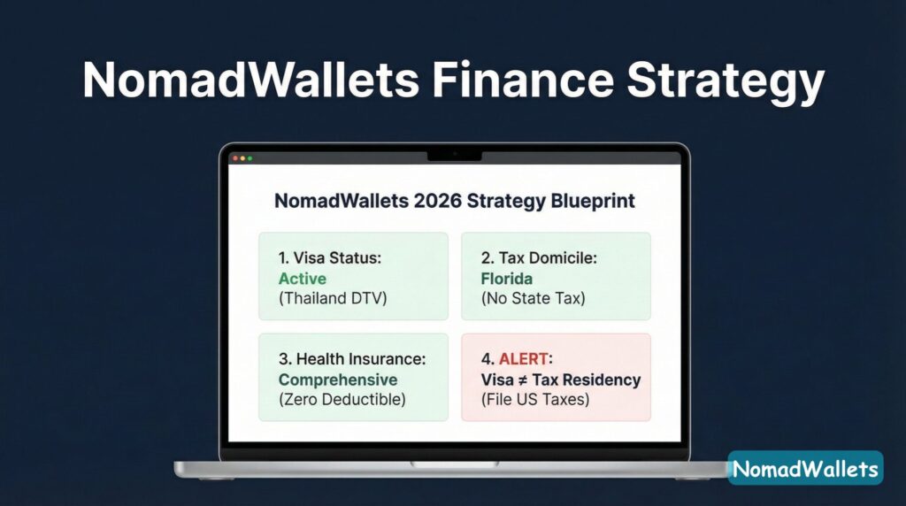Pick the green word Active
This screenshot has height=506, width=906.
coord(302,279)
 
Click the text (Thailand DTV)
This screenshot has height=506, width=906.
coord(333,298)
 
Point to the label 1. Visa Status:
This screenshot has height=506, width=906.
coord(329,258)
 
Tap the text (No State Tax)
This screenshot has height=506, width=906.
coord(533,298)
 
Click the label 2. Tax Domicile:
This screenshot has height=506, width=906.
coord(539,258)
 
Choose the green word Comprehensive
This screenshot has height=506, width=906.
coord(338,379)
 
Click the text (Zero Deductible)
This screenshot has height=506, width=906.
coord(343,399)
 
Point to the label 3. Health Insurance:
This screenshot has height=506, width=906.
coord(351,359)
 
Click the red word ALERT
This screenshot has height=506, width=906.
coord(525,359)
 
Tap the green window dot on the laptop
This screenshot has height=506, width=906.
coord(250,158)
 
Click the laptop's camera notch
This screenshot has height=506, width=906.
coord(454,155)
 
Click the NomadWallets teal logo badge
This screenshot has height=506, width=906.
coord(805,468)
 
